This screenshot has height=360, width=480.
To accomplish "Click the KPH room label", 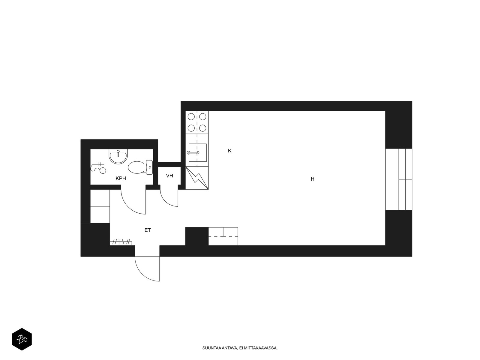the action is [x=121, y=178].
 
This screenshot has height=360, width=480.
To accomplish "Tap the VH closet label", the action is [x=169, y=175].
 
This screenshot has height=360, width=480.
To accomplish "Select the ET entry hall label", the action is [x=148, y=230].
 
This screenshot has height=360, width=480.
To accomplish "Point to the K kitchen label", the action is [x=229, y=151].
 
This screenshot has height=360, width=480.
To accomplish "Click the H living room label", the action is [x=313, y=179].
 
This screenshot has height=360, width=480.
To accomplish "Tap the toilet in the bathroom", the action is [x=140, y=167].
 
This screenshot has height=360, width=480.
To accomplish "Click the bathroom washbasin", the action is [x=118, y=157].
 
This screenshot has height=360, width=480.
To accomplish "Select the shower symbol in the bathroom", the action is [x=98, y=168].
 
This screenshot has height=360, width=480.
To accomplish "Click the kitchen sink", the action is [x=197, y=153].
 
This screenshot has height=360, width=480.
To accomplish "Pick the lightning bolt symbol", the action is [x=197, y=178].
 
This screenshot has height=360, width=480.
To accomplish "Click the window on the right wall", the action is [x=399, y=179].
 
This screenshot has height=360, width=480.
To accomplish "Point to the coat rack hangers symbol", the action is [x=121, y=242].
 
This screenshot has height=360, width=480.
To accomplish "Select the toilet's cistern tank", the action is [x=149, y=167].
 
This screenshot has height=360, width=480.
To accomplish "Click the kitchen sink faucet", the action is [x=193, y=153].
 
